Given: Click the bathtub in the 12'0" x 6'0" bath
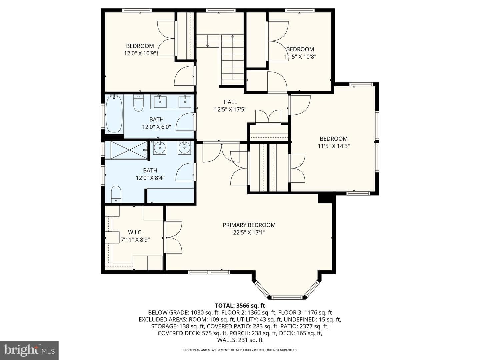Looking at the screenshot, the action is (114, 114).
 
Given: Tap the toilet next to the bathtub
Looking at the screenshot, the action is (138, 103).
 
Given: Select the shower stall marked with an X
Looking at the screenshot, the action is (129, 150).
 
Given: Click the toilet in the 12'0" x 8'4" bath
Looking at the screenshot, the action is (116, 194).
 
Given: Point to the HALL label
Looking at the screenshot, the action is (230, 102).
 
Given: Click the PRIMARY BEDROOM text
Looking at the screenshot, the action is (249, 225).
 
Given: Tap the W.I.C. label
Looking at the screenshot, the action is (135, 232).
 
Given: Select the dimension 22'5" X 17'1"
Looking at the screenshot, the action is (249, 233).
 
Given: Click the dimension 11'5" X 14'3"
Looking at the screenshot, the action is (334, 146).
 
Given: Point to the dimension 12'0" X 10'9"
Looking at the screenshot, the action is (140, 53).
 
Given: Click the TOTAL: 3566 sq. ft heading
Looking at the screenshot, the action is (240, 305).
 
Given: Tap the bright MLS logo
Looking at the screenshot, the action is (29, 350).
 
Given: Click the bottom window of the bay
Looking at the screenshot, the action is (287, 297).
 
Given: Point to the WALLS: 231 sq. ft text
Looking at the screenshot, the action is (240, 340).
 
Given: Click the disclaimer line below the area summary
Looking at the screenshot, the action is (240, 350).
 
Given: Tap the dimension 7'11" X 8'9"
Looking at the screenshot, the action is (135, 240).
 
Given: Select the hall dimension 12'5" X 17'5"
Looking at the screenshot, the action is (230, 110).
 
